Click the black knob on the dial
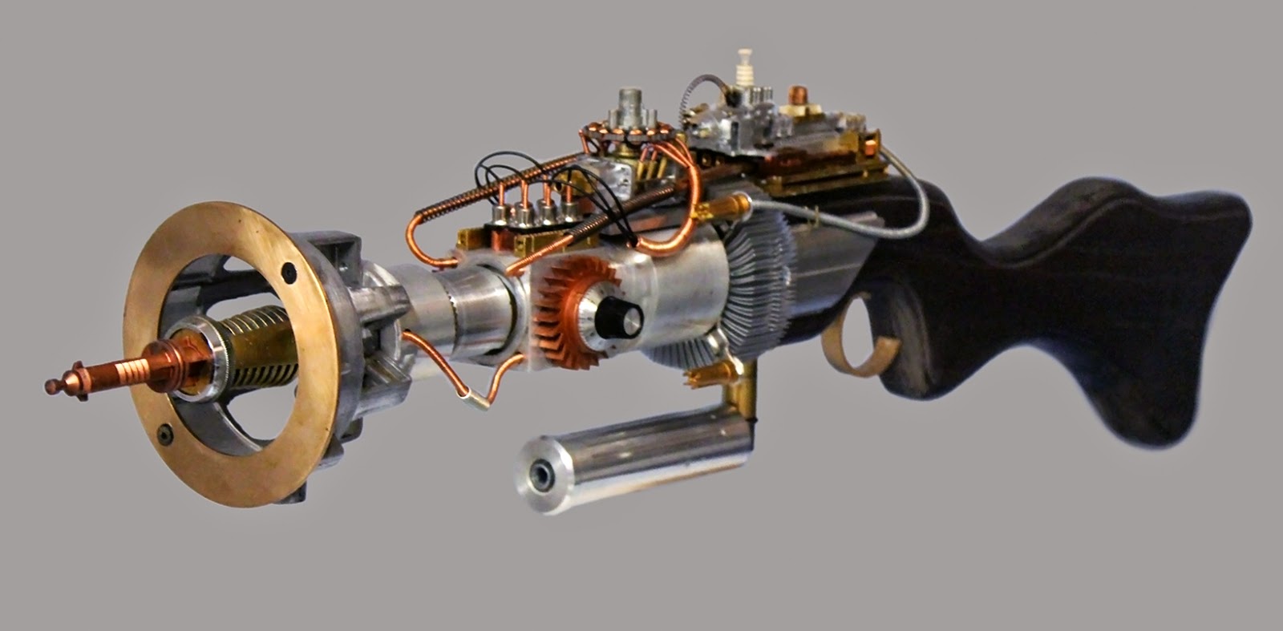tap(616, 309)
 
